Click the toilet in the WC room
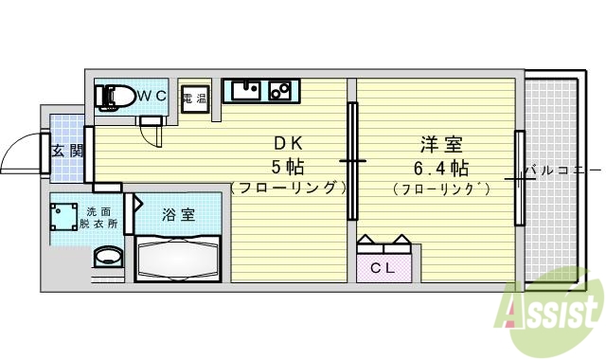point(115,96)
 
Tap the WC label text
point(153,96)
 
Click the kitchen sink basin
point(247,91)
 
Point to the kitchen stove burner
point(281,91)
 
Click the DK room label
point(287,144)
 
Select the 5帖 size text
point(287,167)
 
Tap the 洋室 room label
point(441,145)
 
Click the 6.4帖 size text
point(441,168)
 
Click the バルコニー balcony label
point(560,171)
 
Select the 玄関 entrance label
point(66,150)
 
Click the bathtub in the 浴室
point(177,259)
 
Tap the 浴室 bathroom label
point(178,214)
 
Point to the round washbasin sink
point(108,258)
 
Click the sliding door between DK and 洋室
point(352,161)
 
